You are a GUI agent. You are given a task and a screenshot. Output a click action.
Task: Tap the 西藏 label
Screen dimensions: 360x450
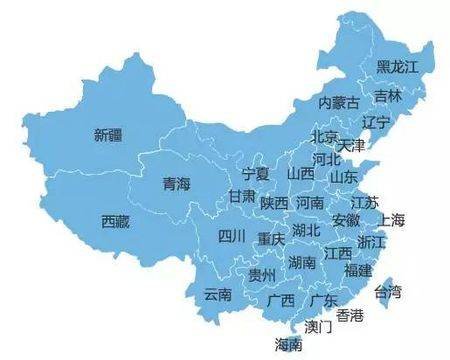point(116,221)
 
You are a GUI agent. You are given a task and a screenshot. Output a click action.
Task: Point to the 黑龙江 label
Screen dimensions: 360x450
point(397,66)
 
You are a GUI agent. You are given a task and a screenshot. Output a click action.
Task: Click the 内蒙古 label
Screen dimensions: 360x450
point(338,102)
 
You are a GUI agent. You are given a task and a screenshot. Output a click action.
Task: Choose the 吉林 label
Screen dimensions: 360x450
point(388,96)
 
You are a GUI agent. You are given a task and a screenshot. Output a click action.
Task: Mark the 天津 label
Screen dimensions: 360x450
point(351,146)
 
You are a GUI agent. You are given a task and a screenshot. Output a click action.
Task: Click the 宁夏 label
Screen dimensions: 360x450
point(256,173)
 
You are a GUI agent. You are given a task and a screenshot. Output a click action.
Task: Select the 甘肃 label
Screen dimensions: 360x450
point(241,196)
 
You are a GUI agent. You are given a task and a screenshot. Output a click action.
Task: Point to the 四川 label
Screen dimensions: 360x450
point(231,237)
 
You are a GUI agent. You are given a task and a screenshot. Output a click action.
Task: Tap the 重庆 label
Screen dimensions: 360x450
point(271,239)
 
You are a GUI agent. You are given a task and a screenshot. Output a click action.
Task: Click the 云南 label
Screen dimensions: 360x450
point(217,294)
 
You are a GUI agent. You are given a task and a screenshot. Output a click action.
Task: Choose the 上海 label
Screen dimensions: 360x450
point(393,220)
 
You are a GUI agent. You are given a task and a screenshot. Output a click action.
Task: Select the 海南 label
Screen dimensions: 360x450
point(288,344)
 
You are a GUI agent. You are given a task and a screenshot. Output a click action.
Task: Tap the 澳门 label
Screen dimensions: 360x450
point(318,326)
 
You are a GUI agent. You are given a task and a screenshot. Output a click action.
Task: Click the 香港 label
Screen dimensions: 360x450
point(349,316)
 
